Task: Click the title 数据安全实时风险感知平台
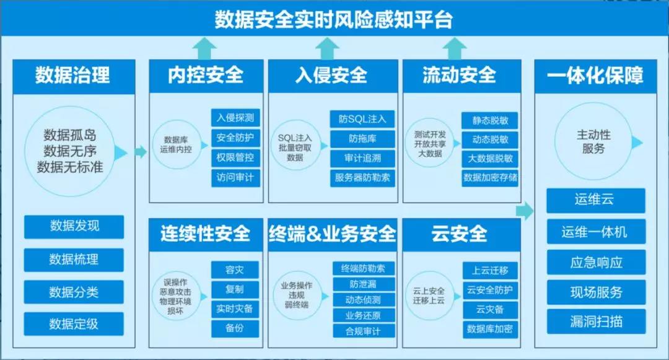click(x=333, y=20)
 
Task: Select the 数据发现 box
click(x=74, y=227)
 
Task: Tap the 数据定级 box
click(x=74, y=323)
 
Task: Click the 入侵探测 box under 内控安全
click(x=235, y=118)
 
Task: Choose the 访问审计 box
click(x=235, y=178)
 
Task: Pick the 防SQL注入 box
click(x=362, y=119)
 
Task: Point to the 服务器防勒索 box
click(x=362, y=178)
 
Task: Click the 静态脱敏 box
click(x=490, y=120)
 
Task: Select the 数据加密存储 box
click(x=490, y=178)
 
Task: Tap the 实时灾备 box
click(x=235, y=309)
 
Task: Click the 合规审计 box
click(x=364, y=331)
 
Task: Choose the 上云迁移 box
click(x=490, y=270)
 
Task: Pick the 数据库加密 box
click(x=490, y=329)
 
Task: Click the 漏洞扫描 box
click(x=596, y=322)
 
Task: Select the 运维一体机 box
click(x=596, y=232)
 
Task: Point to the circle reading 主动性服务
click(x=593, y=141)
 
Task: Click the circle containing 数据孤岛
click(x=69, y=151)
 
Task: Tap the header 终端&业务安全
click(x=333, y=234)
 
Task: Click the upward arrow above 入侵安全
click(x=327, y=48)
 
